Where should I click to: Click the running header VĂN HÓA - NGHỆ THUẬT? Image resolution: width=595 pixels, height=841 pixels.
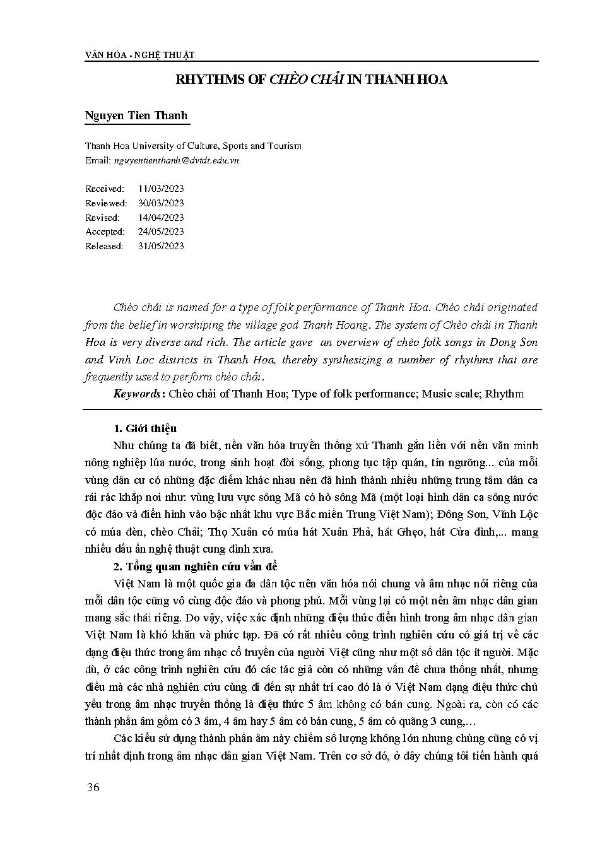click(139, 55)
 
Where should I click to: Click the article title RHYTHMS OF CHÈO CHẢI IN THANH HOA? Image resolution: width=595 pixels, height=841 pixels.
click(311, 80)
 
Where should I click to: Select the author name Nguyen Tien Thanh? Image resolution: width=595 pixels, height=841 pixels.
click(136, 117)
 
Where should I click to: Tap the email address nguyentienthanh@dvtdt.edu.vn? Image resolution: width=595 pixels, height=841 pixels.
click(176, 160)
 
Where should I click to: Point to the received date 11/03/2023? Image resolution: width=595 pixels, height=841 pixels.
click(161, 189)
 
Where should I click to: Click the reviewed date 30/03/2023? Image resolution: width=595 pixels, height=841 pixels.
click(161, 203)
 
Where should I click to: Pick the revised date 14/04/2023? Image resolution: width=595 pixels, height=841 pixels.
click(161, 218)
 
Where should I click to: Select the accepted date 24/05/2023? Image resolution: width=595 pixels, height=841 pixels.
click(161, 232)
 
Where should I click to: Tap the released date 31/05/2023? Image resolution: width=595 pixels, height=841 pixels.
click(161, 246)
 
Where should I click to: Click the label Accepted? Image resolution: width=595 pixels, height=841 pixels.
click(105, 232)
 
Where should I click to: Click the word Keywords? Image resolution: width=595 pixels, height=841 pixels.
click(137, 394)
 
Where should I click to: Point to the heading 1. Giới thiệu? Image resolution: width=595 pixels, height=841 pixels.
click(142, 429)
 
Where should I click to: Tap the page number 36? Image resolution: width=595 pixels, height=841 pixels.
click(92, 787)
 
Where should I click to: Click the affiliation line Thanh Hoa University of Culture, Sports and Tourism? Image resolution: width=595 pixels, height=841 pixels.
click(193, 146)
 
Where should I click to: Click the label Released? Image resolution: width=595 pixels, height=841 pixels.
click(105, 246)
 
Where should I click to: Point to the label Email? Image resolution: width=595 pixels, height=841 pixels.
click(98, 160)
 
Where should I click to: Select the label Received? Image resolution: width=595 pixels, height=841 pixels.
click(105, 189)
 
